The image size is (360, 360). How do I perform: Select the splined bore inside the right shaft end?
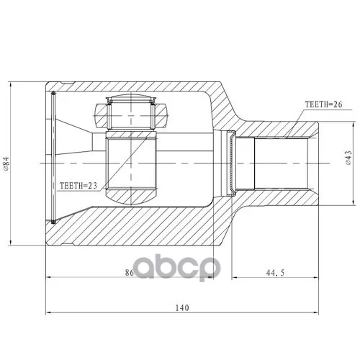point(281,163)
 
